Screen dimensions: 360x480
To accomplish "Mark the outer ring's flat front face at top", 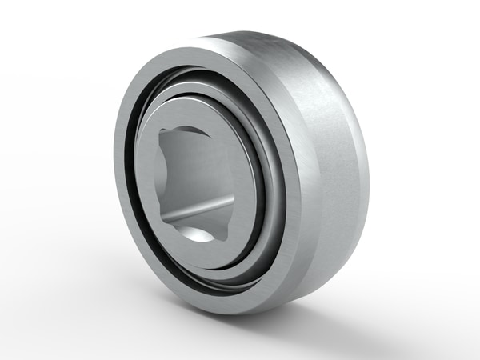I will [192, 54].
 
